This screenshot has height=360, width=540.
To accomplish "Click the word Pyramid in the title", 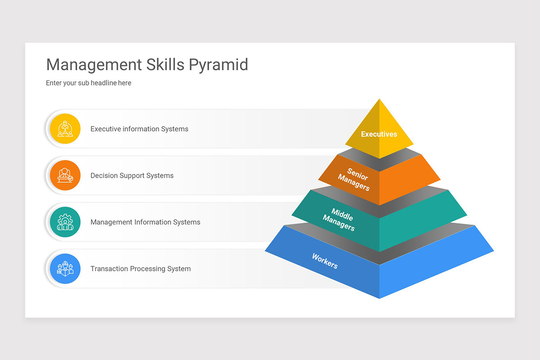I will [x=218, y=65].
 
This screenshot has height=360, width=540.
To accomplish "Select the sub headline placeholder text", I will [x=89, y=83].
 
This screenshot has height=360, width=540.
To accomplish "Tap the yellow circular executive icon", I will [x=65, y=129].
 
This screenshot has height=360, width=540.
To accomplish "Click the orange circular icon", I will [x=65, y=175].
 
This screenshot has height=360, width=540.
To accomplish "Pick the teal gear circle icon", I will [x=65, y=222].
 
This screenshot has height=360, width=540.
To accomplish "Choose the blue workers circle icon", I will [x=65, y=269].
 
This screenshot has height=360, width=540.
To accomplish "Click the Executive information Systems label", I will [x=139, y=129].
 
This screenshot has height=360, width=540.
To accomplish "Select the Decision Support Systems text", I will [x=132, y=175].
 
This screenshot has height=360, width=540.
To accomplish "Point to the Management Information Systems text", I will [x=145, y=222].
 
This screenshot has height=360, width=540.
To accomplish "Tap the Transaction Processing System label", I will [x=140, y=269].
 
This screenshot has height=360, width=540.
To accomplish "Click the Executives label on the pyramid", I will [x=379, y=134].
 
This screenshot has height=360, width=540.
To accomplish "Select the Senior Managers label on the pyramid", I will [x=355, y=179].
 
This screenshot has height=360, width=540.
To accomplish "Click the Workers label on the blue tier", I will [x=325, y=261].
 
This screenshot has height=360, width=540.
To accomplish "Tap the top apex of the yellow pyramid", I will [x=379, y=100].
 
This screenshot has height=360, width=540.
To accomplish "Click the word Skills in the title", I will [x=164, y=65].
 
